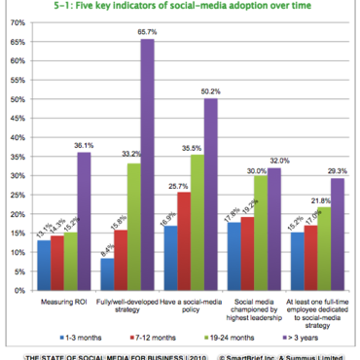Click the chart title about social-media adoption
point(182,11)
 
